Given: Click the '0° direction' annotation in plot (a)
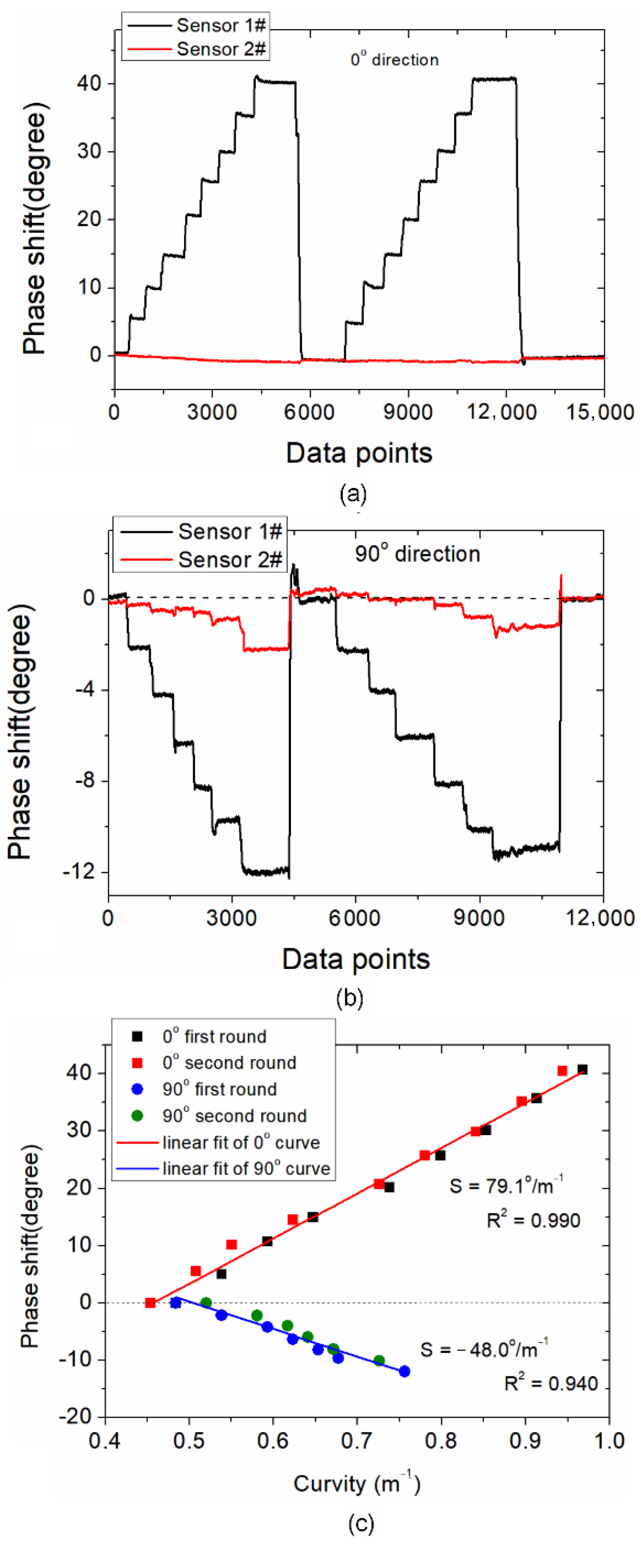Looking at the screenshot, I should [394, 59].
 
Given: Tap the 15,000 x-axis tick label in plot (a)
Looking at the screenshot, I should [600, 412].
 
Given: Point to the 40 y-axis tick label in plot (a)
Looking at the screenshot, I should [89, 83].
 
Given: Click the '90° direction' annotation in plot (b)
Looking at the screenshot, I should [417, 553].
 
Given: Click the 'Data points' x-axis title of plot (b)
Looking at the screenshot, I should [356, 959].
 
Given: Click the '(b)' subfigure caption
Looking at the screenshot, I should [350, 998].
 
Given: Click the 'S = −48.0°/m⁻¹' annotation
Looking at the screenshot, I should [484, 1349].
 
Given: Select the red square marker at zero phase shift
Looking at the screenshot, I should [151, 1303].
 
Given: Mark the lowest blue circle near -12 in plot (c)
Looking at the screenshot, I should [405, 1371].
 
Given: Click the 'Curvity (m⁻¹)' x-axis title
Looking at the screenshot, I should [357, 1484].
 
